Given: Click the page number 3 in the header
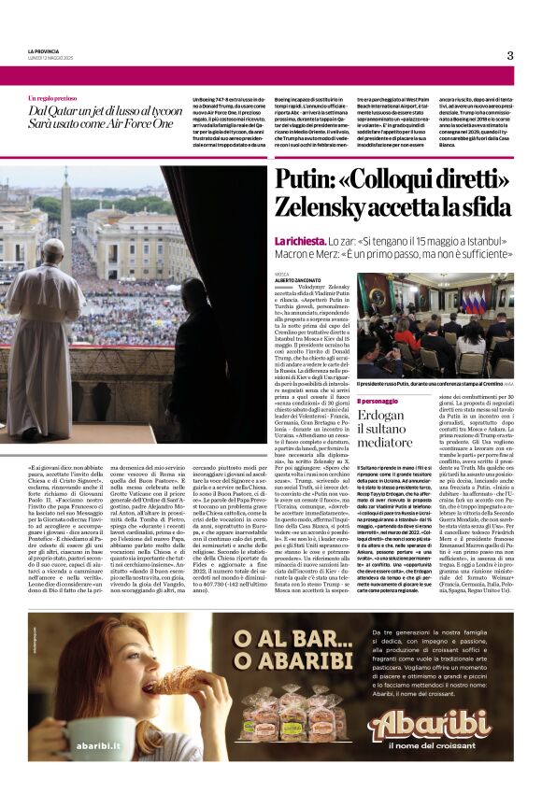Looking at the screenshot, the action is click(510, 55).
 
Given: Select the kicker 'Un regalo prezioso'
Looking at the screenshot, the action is click(52, 97).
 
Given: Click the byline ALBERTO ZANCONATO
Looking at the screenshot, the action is click(298, 278).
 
